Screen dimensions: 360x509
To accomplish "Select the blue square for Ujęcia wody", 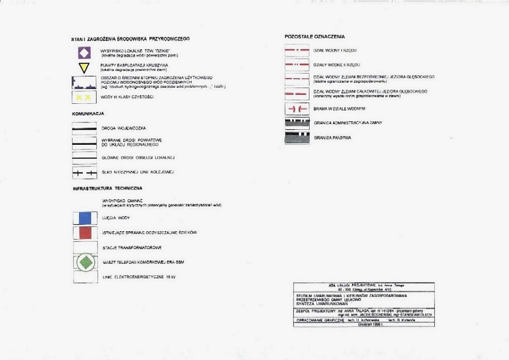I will pyautogui.click(x=85, y=218).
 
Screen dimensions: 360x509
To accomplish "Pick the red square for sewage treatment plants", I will pyautogui.click(x=85, y=233).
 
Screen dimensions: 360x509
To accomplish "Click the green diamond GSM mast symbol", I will pyautogui.click(x=85, y=262).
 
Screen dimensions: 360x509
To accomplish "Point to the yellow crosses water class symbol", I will pyautogui.click(x=84, y=97).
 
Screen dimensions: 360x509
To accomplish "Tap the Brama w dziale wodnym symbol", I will pyautogui.click(x=297, y=109).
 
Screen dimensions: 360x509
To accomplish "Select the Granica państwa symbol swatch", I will pyautogui.click(x=297, y=138).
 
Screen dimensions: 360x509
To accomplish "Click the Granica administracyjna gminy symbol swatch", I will pyautogui.click(x=297, y=123).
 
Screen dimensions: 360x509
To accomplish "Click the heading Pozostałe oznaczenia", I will pyautogui.click(x=315, y=37).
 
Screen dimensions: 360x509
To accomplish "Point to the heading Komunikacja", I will pyautogui.click(x=88, y=114).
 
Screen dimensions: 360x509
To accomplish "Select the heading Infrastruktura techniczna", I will pyautogui.click(x=107, y=189).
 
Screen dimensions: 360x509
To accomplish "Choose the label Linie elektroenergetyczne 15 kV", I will pyautogui.click(x=139, y=277).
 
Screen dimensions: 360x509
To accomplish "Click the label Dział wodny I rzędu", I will pyautogui.click(x=335, y=51).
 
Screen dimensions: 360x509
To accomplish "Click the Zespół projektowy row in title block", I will pyautogui.click(x=364, y=313).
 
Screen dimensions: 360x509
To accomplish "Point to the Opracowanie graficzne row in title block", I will pyautogui.click(x=364, y=320).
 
